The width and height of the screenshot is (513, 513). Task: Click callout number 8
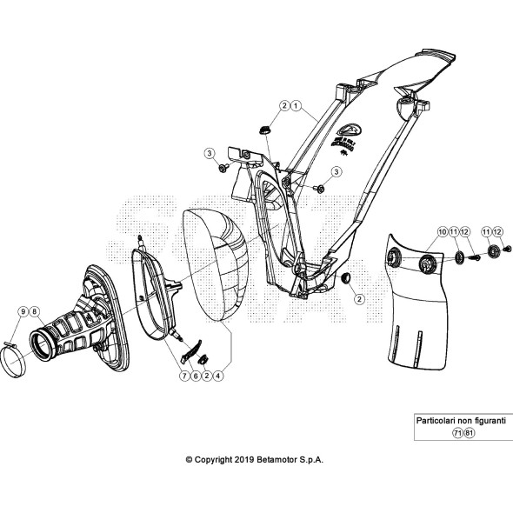33,311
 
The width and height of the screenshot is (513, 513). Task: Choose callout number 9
22,311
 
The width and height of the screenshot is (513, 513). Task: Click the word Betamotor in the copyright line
277,459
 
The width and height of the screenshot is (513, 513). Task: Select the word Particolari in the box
436,420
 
